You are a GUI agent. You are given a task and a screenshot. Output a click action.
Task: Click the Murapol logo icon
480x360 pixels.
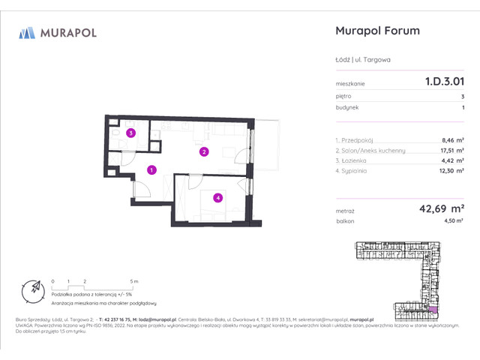point(28,32)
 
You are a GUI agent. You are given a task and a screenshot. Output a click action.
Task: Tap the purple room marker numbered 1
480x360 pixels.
point(151,170)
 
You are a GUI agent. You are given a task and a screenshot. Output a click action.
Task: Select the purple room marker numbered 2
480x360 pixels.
point(203,152)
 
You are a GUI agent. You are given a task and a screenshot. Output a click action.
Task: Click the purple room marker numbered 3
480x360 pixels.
point(130,134)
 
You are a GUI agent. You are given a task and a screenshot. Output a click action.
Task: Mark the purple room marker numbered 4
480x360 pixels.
point(217,198)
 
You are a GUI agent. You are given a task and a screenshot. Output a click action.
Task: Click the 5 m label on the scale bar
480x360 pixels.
point(134,280)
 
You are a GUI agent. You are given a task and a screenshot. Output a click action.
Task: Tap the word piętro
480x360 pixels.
point(344,96)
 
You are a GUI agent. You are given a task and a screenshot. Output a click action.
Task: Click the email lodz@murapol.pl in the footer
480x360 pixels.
point(154,319)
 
